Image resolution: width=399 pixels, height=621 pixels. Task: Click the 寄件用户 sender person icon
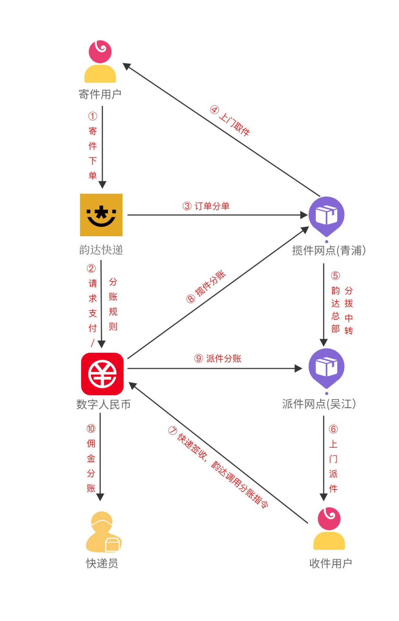(x=100, y=62)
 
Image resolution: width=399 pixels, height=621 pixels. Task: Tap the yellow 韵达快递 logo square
(x=101, y=215)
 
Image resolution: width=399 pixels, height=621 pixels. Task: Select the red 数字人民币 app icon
(x=102, y=374)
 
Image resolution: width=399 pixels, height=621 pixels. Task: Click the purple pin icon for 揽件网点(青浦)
(x=327, y=216)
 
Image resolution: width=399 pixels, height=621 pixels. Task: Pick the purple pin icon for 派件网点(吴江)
(x=327, y=368)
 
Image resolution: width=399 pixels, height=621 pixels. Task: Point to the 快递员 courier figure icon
(x=103, y=532)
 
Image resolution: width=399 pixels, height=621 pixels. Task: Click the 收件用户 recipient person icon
(x=329, y=529)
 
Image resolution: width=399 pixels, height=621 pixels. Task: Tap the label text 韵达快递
(x=101, y=250)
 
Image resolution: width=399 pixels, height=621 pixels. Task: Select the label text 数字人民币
(x=103, y=404)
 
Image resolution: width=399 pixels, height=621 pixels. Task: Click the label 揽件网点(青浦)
(x=329, y=250)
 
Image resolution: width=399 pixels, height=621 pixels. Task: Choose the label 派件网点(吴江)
(x=319, y=404)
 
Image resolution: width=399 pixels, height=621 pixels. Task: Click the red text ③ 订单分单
(x=206, y=206)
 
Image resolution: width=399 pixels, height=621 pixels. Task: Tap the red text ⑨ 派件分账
(x=218, y=358)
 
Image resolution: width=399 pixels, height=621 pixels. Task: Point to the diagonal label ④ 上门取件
(x=230, y=121)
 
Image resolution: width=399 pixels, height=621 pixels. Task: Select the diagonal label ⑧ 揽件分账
(x=206, y=287)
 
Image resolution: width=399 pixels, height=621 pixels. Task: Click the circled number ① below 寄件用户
(x=92, y=116)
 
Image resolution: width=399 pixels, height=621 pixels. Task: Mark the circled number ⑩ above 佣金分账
(x=91, y=429)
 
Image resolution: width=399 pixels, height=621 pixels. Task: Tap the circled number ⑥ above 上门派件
(x=333, y=429)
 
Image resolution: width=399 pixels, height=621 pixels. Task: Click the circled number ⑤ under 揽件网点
(x=335, y=276)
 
